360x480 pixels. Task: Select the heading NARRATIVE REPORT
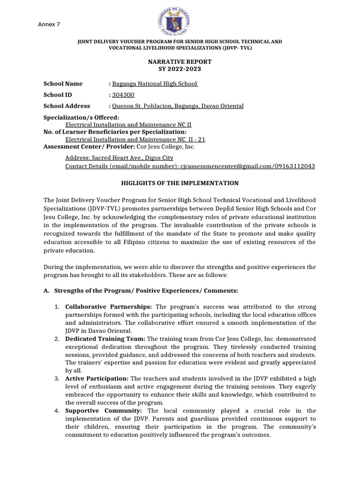(180, 62)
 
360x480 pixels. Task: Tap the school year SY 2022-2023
(180, 69)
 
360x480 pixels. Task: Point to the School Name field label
(63, 83)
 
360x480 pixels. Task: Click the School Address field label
(67, 106)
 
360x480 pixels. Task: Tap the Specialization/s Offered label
(81, 117)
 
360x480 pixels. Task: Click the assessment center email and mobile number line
(190, 166)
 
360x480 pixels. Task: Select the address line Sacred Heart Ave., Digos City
(119, 158)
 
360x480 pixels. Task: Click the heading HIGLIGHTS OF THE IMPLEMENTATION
(180, 183)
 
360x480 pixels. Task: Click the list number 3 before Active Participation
(56, 378)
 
